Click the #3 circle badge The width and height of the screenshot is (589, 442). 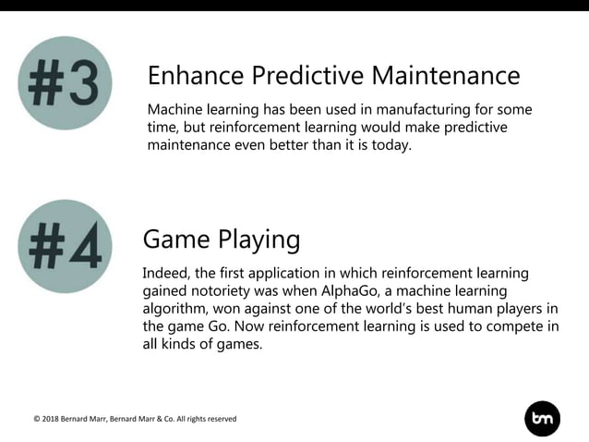point(64,83)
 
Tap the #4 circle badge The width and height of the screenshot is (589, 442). point(64,246)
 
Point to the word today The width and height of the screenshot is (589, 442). point(391,145)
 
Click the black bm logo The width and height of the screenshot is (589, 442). point(543,419)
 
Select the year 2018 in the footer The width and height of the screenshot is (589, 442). point(54,419)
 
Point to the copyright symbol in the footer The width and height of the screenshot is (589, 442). point(37,419)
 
